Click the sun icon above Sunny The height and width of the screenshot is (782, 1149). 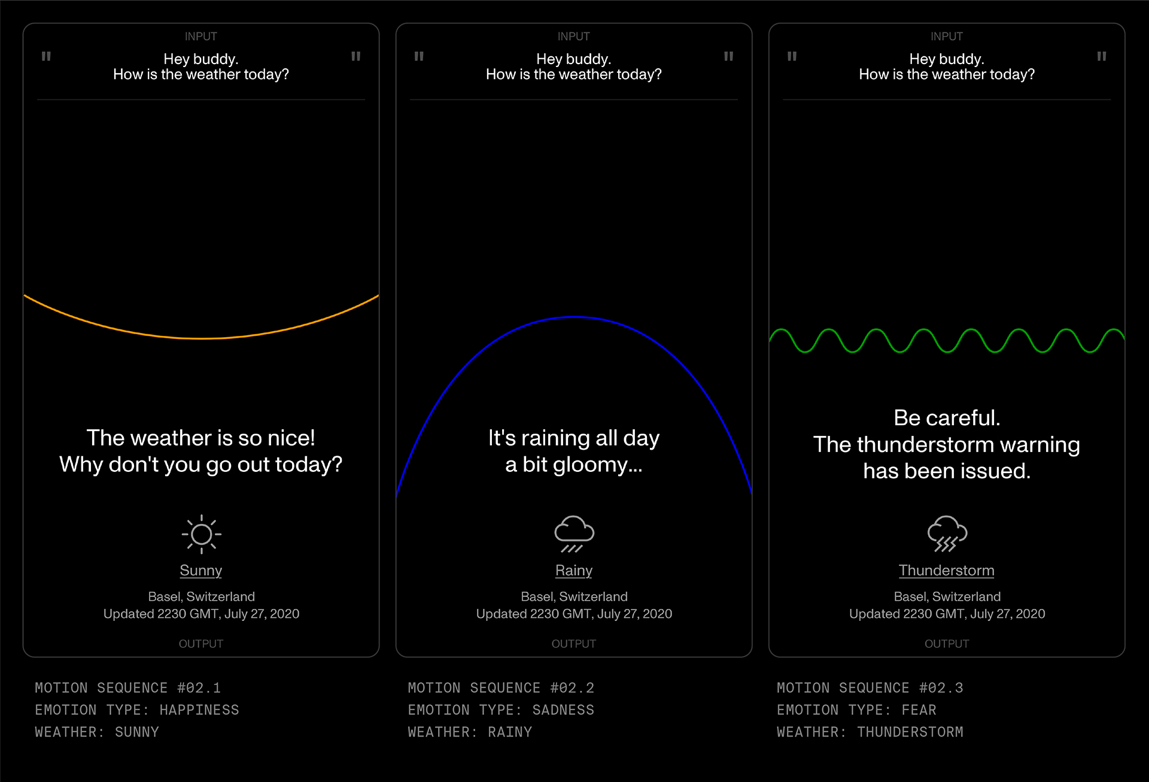[201, 534]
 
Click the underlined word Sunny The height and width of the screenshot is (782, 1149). [201, 571]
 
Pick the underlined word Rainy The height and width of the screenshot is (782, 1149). [574, 571]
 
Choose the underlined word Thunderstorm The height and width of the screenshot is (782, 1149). [947, 571]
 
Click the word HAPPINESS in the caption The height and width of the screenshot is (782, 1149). [199, 710]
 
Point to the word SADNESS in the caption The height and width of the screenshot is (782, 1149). [563, 710]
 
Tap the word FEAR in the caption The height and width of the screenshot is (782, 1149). [919, 710]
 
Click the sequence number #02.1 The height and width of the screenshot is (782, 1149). [199, 688]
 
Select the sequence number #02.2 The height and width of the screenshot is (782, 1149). [572, 688]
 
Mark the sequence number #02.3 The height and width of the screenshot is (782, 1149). [941, 688]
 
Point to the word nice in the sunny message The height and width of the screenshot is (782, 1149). [291, 438]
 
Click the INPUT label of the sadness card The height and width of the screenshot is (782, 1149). [574, 37]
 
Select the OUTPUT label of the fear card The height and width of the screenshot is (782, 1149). [947, 644]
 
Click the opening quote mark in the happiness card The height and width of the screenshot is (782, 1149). [46, 56]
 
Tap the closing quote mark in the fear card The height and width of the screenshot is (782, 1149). [1101, 56]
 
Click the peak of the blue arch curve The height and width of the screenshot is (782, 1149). [574, 317]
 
